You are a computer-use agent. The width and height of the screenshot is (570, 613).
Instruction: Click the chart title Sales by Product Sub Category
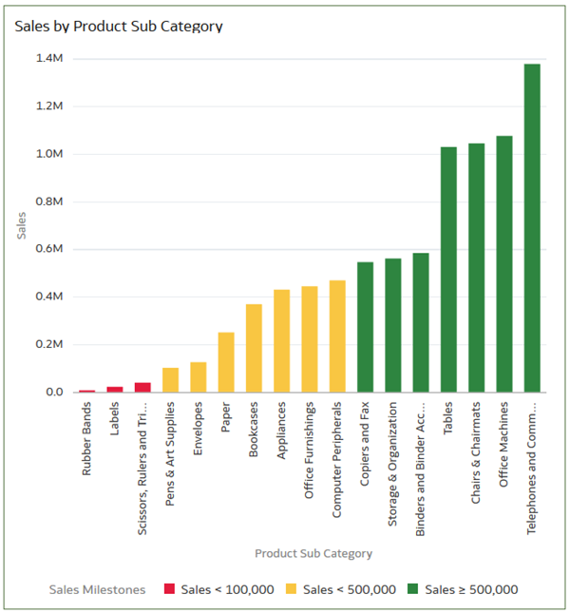(x=118, y=27)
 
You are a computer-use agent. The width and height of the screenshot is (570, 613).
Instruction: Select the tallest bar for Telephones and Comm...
(x=532, y=228)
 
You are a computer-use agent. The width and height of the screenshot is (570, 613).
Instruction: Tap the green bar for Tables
(x=448, y=270)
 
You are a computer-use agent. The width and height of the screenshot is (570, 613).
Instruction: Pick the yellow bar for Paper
(x=226, y=362)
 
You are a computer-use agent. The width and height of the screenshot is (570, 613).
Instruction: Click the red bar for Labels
(x=115, y=389)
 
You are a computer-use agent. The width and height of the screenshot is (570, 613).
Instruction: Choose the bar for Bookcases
(x=254, y=348)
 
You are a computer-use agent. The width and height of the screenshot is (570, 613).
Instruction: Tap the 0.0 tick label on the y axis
(x=53, y=392)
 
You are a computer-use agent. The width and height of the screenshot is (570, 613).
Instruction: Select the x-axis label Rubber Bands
(x=87, y=442)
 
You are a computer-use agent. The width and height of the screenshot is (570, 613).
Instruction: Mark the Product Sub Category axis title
(x=313, y=553)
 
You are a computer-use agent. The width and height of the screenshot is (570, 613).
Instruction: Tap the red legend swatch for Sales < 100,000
(x=170, y=589)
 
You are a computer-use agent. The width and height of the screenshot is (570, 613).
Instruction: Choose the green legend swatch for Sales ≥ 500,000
(x=414, y=589)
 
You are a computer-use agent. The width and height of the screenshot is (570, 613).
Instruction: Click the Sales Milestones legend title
(x=97, y=589)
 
